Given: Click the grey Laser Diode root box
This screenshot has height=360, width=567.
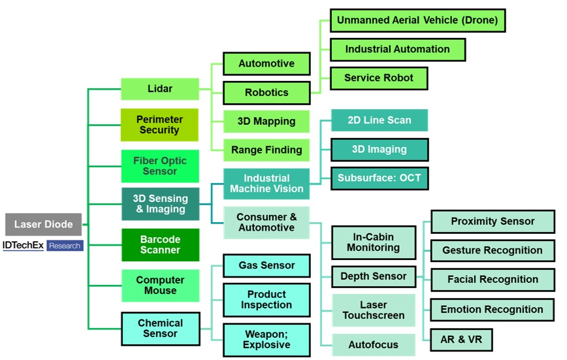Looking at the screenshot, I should click(x=44, y=224).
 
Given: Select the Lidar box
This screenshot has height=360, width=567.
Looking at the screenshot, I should click(x=160, y=89).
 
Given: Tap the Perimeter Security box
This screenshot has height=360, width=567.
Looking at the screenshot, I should click(x=159, y=125).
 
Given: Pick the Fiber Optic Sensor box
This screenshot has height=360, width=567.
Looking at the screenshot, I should click(x=160, y=166).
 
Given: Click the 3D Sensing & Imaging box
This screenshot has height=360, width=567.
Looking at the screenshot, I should click(x=160, y=204).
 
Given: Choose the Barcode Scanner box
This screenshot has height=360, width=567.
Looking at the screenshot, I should click(x=160, y=244).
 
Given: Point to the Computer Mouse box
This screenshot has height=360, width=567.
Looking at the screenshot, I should click(x=160, y=285).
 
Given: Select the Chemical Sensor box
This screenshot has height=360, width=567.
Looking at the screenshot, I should click(x=160, y=328).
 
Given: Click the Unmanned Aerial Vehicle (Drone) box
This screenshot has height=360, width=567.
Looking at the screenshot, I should click(x=418, y=20).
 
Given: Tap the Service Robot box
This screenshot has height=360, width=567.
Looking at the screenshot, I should click(x=379, y=78).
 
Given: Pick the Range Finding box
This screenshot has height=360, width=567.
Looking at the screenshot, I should click(x=267, y=150).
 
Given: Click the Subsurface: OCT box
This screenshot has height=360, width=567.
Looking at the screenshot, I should click(x=380, y=177).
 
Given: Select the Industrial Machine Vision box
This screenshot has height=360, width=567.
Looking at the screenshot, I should click(x=267, y=184).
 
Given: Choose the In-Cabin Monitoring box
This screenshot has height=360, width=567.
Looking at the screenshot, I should click(x=373, y=242).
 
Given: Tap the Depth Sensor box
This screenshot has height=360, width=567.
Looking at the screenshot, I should click(x=373, y=276).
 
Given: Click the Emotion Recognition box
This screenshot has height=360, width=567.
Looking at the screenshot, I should click(x=492, y=309).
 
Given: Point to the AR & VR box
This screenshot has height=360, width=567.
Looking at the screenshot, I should click(x=461, y=339).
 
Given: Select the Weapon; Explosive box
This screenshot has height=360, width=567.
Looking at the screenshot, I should click(x=267, y=339).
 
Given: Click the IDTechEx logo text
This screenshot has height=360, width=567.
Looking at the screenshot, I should click(x=24, y=246).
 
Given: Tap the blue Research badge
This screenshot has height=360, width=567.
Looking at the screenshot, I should click(x=65, y=246).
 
